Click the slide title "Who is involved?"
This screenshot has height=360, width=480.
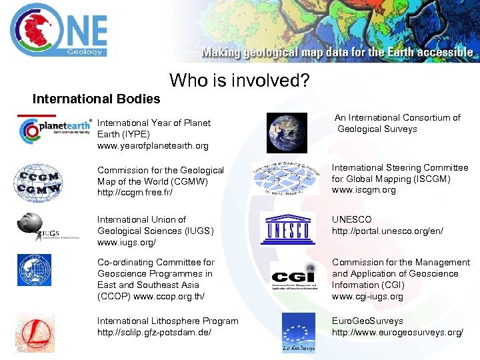tap(239, 81)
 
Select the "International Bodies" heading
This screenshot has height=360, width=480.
tap(97, 99)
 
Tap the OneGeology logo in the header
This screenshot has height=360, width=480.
tap(59, 30)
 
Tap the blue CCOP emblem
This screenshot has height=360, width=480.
tap(35, 269)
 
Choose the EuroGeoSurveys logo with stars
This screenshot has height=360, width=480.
tap(298, 332)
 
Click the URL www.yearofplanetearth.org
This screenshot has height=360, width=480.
tap(153, 145)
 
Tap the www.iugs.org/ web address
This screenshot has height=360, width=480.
tap(127, 242)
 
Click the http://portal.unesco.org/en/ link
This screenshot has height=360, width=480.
tap(387, 231)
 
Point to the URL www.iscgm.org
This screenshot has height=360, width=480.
tap(364, 190)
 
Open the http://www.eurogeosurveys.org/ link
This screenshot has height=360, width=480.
tap(397, 332)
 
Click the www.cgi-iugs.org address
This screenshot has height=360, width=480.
tap(367, 296)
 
